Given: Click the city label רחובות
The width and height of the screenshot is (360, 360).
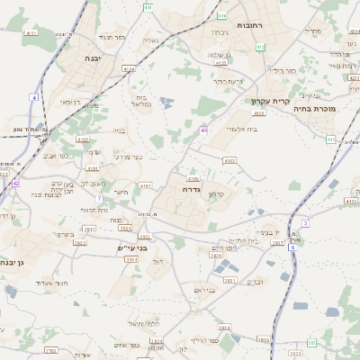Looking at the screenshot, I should tap(254, 26).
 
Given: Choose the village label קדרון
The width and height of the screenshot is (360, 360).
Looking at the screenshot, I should tap(215, 194).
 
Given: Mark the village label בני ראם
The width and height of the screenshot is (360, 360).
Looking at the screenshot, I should tap(205, 290).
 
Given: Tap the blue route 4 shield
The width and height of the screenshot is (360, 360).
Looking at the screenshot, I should tap(34, 96).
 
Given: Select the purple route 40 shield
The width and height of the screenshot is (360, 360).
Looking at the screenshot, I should tap(204, 130).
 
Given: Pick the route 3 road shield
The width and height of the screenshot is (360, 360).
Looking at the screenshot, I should tap(305, 222).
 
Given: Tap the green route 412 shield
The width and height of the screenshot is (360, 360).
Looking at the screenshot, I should tap(261, 47).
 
